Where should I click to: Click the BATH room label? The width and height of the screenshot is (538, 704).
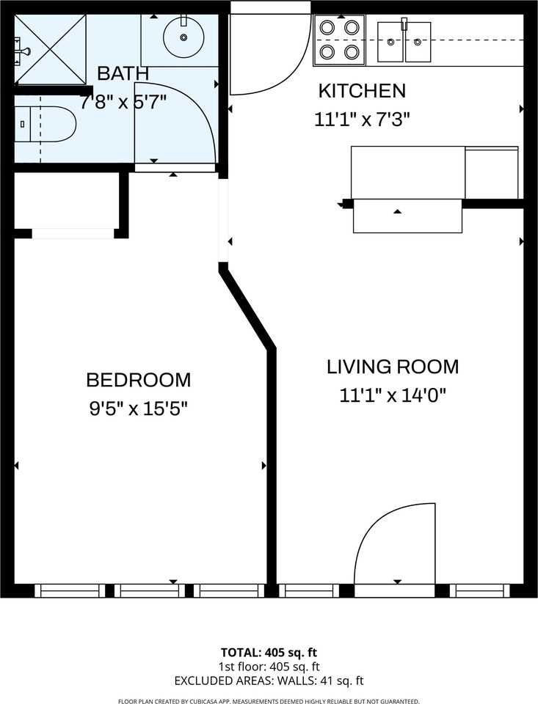[123, 73]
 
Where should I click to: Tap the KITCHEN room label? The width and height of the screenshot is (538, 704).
[361, 91]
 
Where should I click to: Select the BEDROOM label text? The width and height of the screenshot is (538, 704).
[138, 380]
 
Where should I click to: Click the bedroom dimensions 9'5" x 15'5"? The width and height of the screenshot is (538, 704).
[138, 408]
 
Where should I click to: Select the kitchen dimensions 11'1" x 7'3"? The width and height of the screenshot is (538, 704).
[361, 120]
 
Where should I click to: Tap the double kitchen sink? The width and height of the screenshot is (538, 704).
[404, 42]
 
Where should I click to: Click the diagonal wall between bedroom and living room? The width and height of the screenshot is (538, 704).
[247, 309]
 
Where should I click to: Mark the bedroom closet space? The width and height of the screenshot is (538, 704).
[66, 202]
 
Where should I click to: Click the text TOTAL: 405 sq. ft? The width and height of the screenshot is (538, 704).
[269, 652]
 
